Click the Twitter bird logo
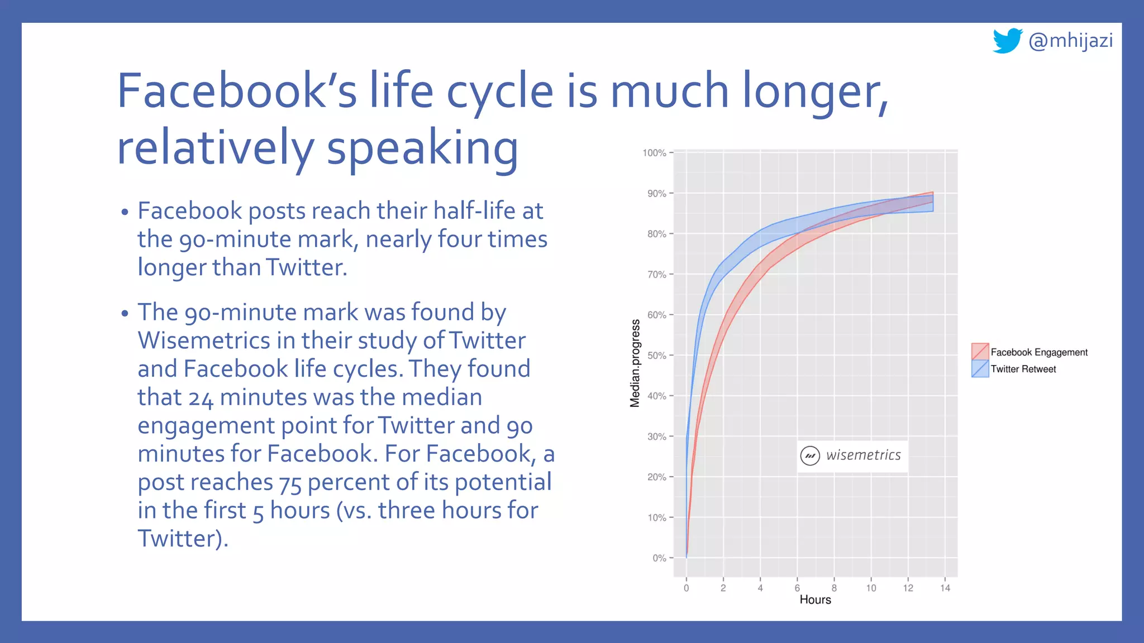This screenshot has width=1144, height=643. pos(1007,41)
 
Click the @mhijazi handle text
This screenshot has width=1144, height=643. pos(1070,41)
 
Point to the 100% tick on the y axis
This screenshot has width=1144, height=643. pos(654,153)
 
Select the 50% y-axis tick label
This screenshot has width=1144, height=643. pos(656,356)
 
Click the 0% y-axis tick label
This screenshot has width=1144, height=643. pos(659,558)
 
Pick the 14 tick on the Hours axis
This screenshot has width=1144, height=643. pos(945,588)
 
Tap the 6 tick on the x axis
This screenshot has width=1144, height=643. pos(797,588)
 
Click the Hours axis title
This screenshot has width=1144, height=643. pos(815,600)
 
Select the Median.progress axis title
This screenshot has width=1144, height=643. pos(635,363)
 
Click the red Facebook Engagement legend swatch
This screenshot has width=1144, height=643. pos(980,352)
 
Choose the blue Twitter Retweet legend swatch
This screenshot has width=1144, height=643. pos(980,368)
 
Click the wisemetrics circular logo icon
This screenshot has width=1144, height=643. pos(810,455)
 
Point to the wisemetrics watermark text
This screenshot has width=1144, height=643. pos(863,455)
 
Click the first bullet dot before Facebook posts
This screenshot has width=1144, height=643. pos(125,213)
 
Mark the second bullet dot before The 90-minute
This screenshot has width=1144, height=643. pos(125,313)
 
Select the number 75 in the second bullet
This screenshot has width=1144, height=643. pos(290,483)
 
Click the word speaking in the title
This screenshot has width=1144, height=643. pos(422,148)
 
